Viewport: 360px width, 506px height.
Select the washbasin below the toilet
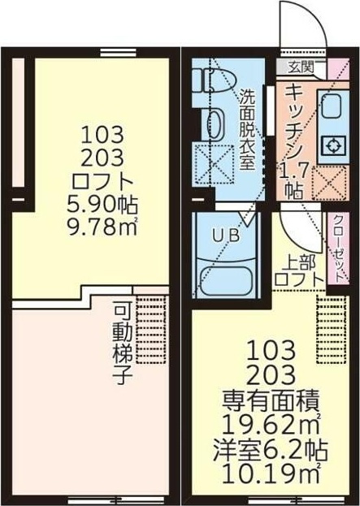click(x=213, y=124)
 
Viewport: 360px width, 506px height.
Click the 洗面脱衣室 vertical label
click(x=247, y=129)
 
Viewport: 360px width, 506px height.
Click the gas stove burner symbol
click(x=333, y=146)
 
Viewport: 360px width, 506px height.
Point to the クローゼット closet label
click(x=338, y=249)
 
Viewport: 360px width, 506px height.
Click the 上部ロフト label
click(x=299, y=272)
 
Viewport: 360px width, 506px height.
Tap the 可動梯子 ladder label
click(x=123, y=344)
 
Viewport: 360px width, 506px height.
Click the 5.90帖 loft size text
click(x=102, y=205)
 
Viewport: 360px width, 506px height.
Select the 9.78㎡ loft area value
click(x=102, y=227)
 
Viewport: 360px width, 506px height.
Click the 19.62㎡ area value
click(x=271, y=426)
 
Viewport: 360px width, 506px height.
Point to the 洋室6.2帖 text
click(x=271, y=450)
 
